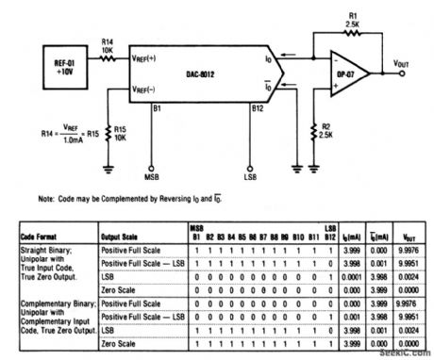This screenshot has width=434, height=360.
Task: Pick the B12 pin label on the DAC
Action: [256, 108]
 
